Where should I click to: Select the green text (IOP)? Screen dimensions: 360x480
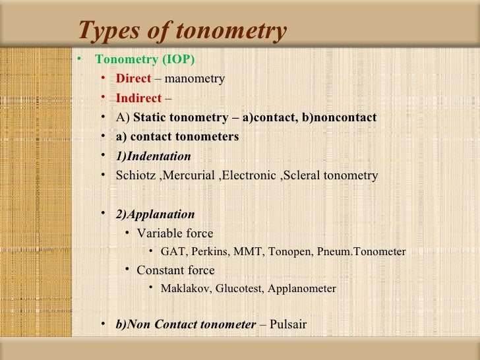coord(177,59)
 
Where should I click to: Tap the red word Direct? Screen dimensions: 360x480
coord(133,79)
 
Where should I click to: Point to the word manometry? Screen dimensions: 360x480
coord(195,79)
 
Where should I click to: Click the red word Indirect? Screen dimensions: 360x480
coord(138,98)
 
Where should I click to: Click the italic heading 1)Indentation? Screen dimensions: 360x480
coord(153,156)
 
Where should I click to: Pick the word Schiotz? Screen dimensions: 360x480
coord(134,175)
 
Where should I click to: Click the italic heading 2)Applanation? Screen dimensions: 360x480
coord(155,214)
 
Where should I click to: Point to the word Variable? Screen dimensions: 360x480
coord(157,233)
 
